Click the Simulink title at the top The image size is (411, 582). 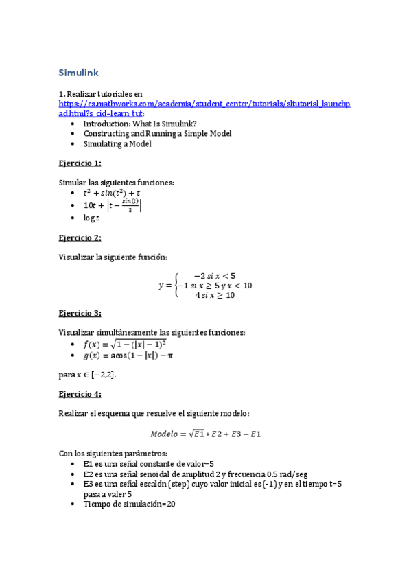click(79, 73)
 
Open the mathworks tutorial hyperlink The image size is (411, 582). click(204, 104)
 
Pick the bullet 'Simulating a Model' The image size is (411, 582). click(117, 144)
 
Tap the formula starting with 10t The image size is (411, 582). click(113, 205)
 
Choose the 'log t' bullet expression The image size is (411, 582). click(91, 218)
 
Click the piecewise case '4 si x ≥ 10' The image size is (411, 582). click(215, 295)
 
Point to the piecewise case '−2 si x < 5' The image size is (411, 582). click(215, 275)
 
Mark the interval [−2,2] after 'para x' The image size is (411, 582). click(103, 375)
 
